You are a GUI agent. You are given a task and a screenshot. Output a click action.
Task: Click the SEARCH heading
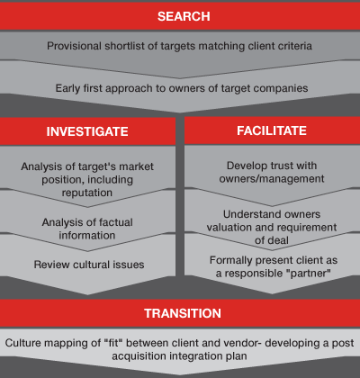184,16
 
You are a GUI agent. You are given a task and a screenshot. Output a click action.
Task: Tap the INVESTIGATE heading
87,131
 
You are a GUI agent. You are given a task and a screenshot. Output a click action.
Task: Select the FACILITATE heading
272,130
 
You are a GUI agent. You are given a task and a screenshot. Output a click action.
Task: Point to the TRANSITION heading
183,313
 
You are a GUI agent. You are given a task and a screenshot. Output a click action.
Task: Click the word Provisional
74,46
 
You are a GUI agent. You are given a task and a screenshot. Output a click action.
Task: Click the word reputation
87,193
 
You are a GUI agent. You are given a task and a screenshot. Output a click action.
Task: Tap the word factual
116,222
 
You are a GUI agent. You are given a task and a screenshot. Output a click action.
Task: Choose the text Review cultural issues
89,265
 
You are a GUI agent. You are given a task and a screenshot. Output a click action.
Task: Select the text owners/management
272,179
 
